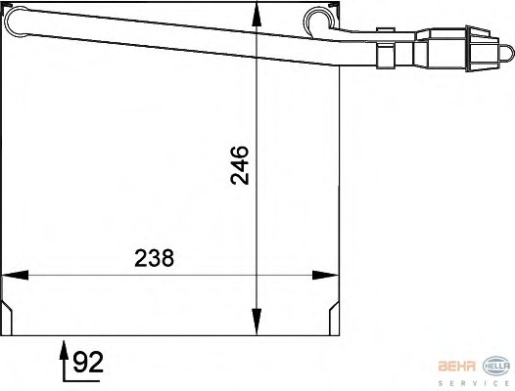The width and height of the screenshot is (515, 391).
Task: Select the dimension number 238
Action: (154, 258)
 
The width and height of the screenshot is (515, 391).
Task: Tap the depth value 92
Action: (88, 365)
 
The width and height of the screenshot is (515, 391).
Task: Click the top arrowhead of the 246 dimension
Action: (256, 15)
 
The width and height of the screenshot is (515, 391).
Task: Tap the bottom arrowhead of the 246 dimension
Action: (256, 323)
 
